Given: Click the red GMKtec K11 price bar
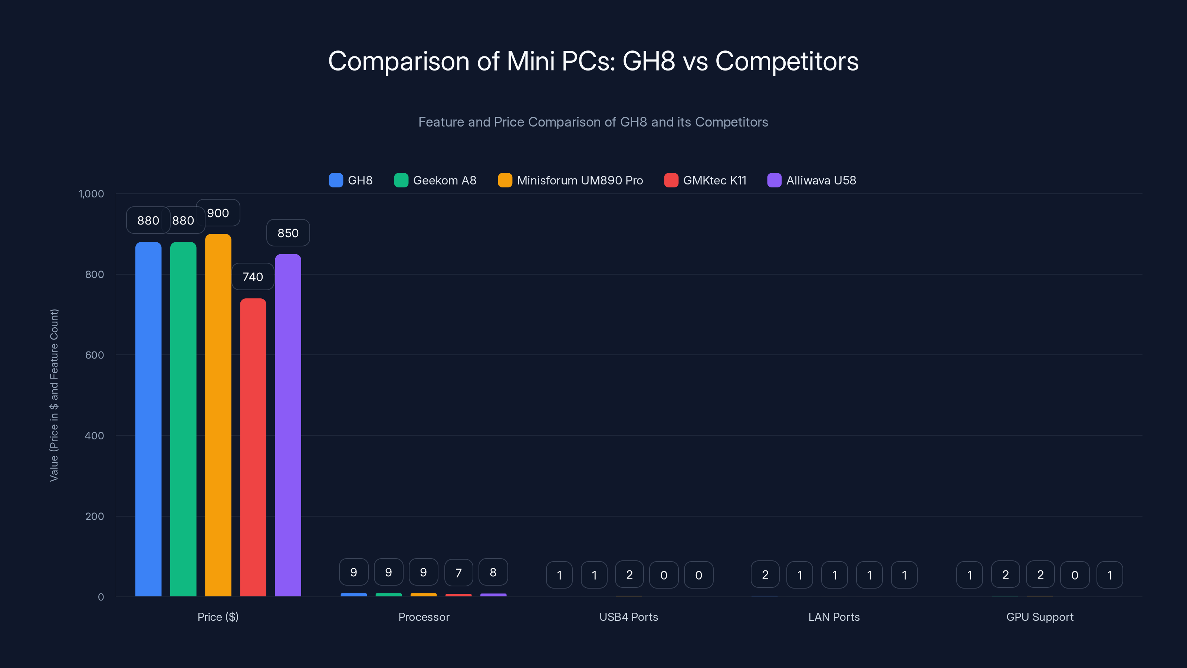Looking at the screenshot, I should [253, 447].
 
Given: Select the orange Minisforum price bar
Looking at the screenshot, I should [218, 415].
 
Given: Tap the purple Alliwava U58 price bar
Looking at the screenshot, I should [288, 424].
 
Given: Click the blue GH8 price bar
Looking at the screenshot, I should [148, 419].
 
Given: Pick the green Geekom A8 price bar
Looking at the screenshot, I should [183, 419].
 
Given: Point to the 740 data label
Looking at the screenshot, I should [253, 276].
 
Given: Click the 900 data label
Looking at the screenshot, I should [218, 213].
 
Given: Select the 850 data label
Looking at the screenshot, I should [288, 233].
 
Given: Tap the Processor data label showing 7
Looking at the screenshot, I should [458, 573].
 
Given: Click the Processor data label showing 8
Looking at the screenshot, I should [493, 572].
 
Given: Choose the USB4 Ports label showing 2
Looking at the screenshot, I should [629, 574].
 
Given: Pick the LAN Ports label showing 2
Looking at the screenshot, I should [765, 574].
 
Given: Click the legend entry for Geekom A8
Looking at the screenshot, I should [435, 180].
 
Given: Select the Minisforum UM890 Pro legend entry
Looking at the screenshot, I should [571, 180].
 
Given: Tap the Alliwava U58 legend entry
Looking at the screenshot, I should [812, 180].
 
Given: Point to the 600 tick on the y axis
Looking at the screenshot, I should [95, 355].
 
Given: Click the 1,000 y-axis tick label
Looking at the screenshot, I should [91, 194].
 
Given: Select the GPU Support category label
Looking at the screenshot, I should [1039, 617].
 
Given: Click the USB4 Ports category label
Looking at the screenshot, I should [628, 617].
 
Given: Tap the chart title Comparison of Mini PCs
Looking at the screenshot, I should [593, 61].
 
